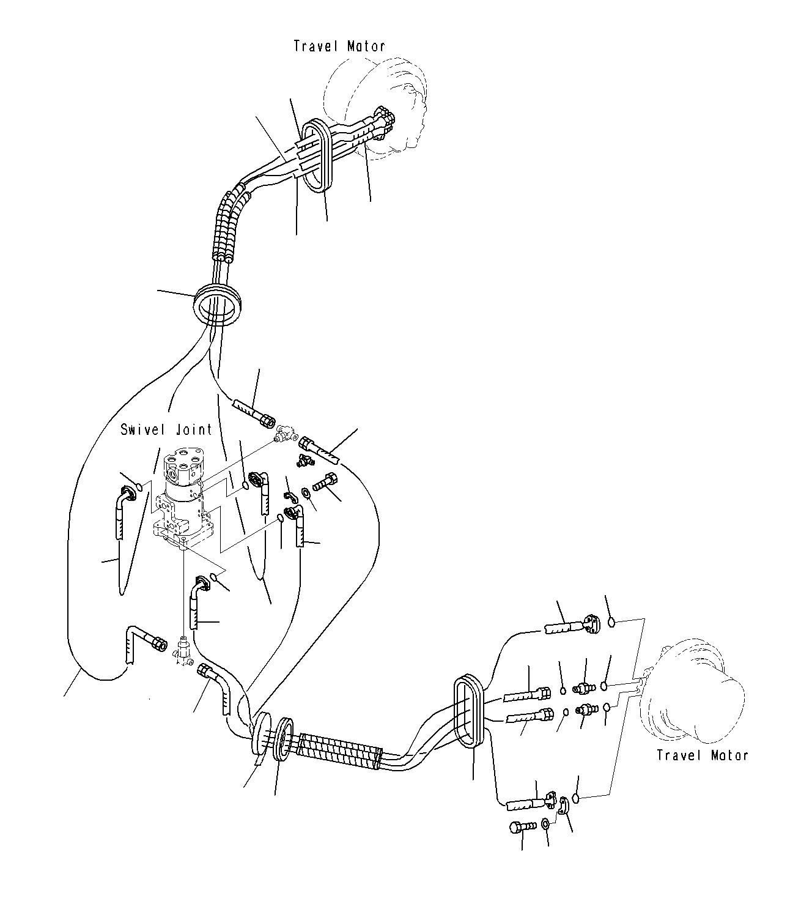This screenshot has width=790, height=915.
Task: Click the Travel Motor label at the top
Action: coord(339,46)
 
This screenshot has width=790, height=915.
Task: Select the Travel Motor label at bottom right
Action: coord(703,755)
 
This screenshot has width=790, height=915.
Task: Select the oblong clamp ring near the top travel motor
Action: coord(317,155)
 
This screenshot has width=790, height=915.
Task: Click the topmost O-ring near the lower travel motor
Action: coord(611,622)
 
